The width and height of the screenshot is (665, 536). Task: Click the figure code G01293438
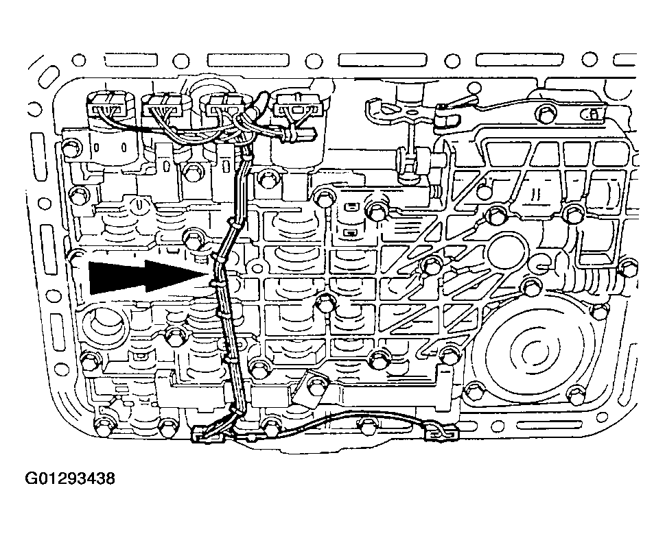(x=70, y=479)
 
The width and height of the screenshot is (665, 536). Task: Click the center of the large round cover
(x=528, y=351)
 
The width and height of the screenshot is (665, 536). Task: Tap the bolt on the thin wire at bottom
(x=366, y=424)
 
